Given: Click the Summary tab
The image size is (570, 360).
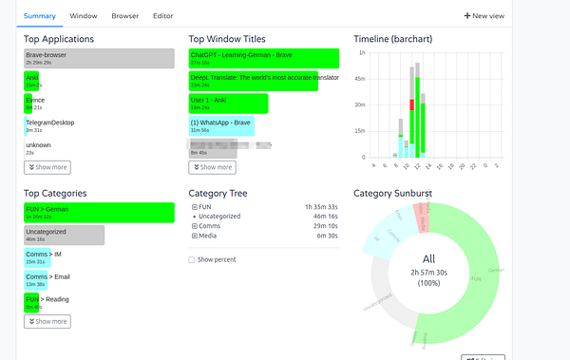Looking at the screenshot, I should [40, 16].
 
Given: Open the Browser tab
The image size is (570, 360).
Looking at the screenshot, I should [124, 16].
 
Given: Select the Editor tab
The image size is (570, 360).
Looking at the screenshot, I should [162, 16].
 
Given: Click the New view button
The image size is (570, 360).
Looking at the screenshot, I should [484, 16].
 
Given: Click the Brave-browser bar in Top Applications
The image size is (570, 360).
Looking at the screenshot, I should [99, 59].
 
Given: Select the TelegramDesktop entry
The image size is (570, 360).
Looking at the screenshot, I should [49, 125].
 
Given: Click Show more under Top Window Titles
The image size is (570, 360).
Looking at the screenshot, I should [212, 167].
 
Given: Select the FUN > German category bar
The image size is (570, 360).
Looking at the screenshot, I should [99, 212].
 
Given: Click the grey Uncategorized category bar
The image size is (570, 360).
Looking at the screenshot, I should [64, 235].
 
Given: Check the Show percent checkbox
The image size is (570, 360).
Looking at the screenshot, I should [193, 259].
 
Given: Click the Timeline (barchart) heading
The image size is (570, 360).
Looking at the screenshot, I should [393, 39].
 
